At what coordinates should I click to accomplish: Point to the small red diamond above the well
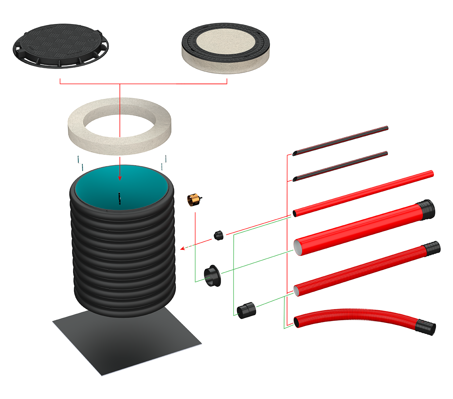click(x=120, y=160)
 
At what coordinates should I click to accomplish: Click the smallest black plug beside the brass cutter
click(x=218, y=235)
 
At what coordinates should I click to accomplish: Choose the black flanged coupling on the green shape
click(x=213, y=277)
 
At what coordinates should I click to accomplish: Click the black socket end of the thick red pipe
click(x=427, y=209)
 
